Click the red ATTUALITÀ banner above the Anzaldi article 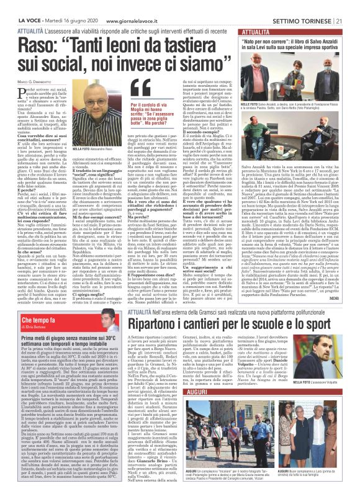(x=254, y=30)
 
